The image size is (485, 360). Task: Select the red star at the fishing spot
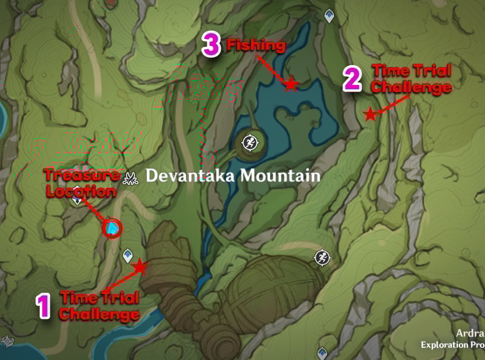coord(290,83)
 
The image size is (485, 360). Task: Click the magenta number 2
coord(353,80)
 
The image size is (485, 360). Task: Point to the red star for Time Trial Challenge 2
coord(370,114)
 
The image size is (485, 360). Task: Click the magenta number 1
coord(43,306)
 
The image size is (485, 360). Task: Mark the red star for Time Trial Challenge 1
coord(140,266)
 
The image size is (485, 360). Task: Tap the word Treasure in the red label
coord(82,175)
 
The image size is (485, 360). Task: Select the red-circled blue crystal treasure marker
coord(112,229)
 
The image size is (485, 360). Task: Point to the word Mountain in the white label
coord(280,176)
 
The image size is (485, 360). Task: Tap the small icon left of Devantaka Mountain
coord(131,177)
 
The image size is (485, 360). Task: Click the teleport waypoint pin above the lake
coord(329,16)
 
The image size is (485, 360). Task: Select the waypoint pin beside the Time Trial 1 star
coord(127,254)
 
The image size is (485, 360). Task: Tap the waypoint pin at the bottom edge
coord(322,353)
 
